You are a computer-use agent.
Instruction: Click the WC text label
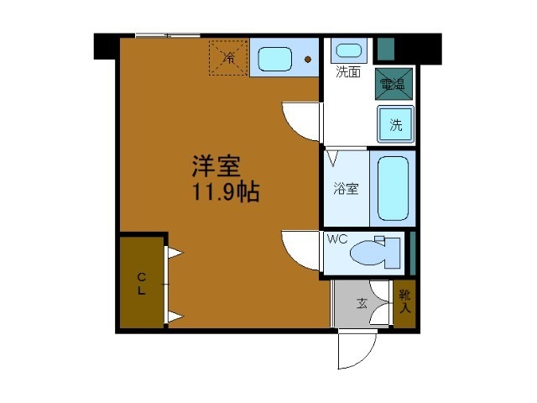(x=336, y=239)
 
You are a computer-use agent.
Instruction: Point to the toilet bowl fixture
(x=374, y=253)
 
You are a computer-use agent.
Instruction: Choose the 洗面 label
(x=348, y=72)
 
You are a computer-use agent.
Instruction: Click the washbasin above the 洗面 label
(x=347, y=50)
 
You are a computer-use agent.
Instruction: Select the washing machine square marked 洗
(x=395, y=124)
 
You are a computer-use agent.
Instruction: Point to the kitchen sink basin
(x=274, y=59)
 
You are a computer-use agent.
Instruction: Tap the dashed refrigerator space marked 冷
(x=228, y=57)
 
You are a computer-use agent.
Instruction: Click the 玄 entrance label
(x=362, y=303)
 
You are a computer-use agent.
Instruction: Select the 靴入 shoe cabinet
(x=405, y=302)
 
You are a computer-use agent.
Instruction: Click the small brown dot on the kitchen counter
(x=308, y=60)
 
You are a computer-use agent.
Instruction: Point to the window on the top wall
(x=167, y=35)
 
